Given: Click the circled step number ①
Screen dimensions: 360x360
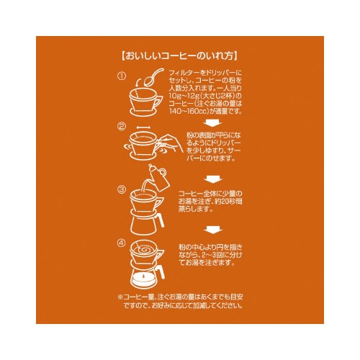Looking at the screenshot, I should (x=122, y=75).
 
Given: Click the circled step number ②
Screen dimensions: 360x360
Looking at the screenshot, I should (x=122, y=127).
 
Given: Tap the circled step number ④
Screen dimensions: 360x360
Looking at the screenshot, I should (x=122, y=243).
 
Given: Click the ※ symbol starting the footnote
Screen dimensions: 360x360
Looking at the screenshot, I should (x=119, y=296).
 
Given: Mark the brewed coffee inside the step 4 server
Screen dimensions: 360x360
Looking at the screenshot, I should (x=146, y=278).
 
